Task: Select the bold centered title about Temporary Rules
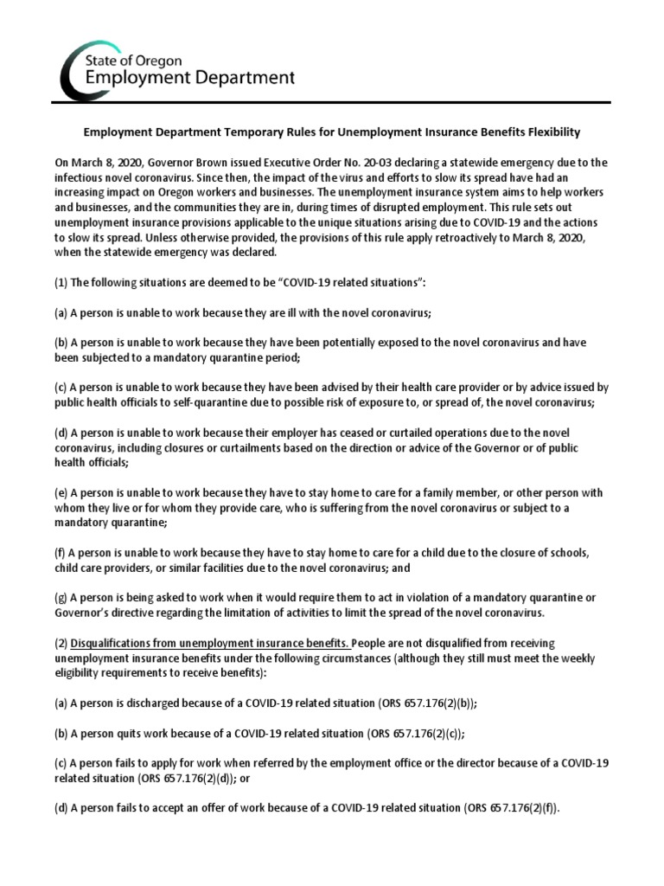(331, 133)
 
